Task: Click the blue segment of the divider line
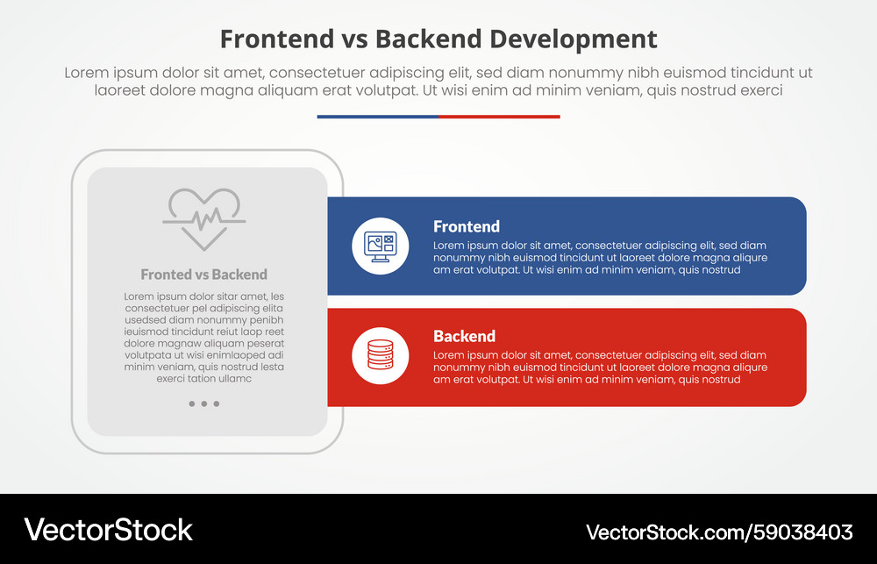coord(377,116)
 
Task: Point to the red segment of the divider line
coord(499,116)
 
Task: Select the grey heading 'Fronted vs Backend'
coord(204,275)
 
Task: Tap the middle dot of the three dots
coord(204,404)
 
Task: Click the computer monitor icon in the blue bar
coord(380,246)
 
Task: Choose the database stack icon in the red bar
coord(380,356)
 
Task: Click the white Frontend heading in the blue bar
coord(467,226)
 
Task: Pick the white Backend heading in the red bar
coord(464,336)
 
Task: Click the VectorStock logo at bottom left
coord(109,530)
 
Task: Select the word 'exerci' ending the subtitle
coord(759,90)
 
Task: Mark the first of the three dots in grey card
coord(192,404)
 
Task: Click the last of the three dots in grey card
coord(217,404)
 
